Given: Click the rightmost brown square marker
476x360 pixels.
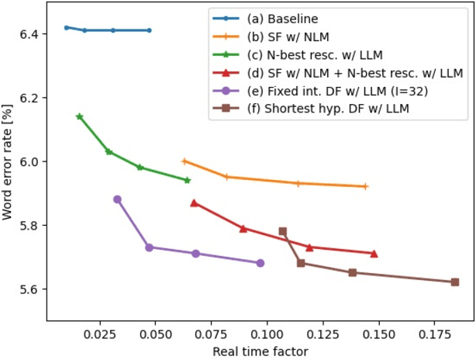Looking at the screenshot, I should point(455,282).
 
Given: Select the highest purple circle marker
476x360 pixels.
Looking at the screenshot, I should point(117,199).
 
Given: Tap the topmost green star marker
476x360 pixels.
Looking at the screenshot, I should point(79,116).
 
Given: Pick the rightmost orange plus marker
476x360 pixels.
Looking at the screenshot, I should point(365,186).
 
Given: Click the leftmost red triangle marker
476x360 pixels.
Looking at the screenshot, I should point(194,202).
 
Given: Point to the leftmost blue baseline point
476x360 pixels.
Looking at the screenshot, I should point(66,27).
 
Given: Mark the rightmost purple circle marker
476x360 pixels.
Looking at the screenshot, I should point(260,263).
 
